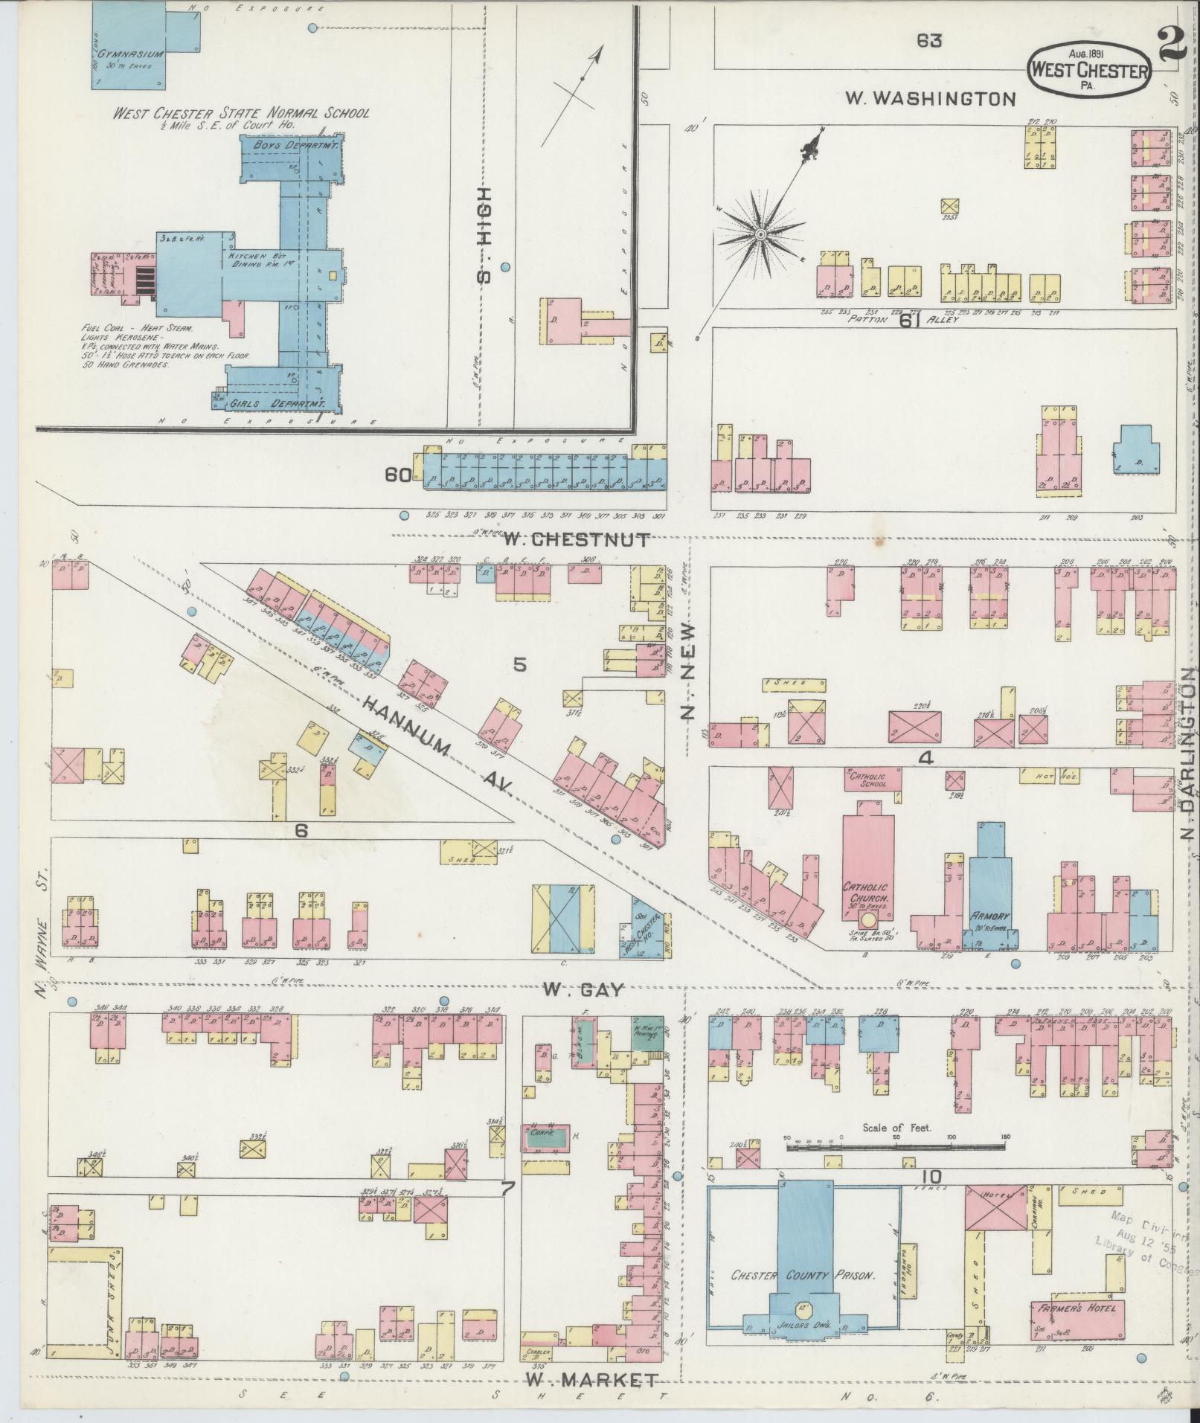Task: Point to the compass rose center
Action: coord(760,234)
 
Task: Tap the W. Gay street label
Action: coord(582,989)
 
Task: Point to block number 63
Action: coord(929,42)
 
